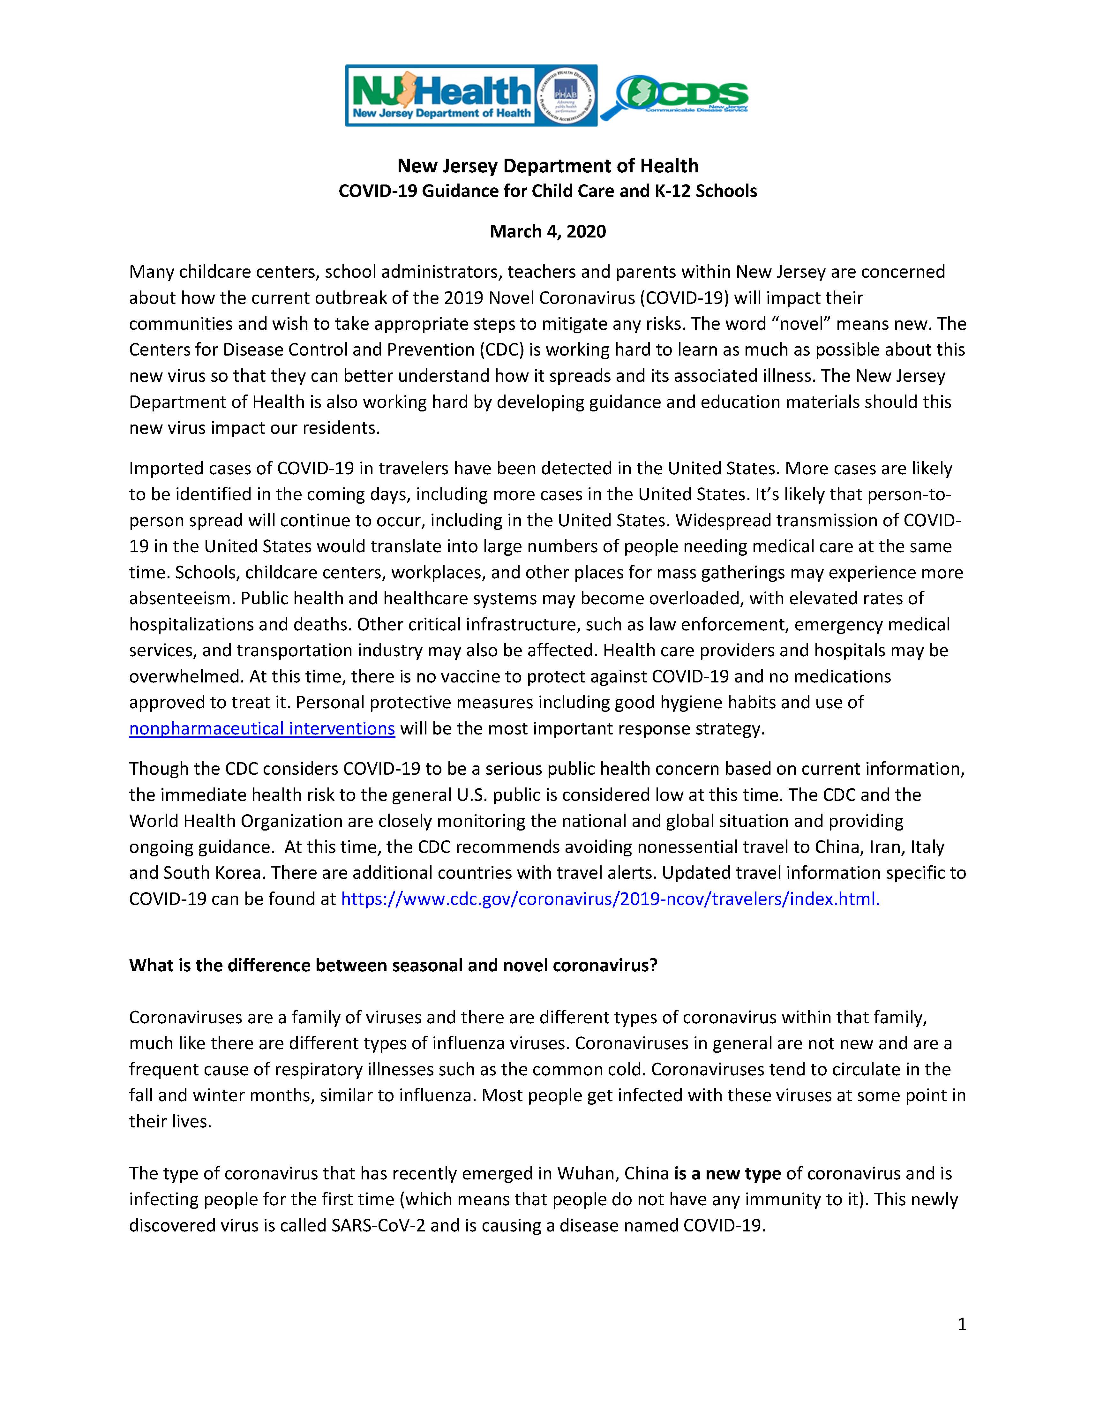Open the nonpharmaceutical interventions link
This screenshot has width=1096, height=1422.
pyautogui.click(x=262, y=729)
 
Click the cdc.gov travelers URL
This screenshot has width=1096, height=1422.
pyautogui.click(x=610, y=899)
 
